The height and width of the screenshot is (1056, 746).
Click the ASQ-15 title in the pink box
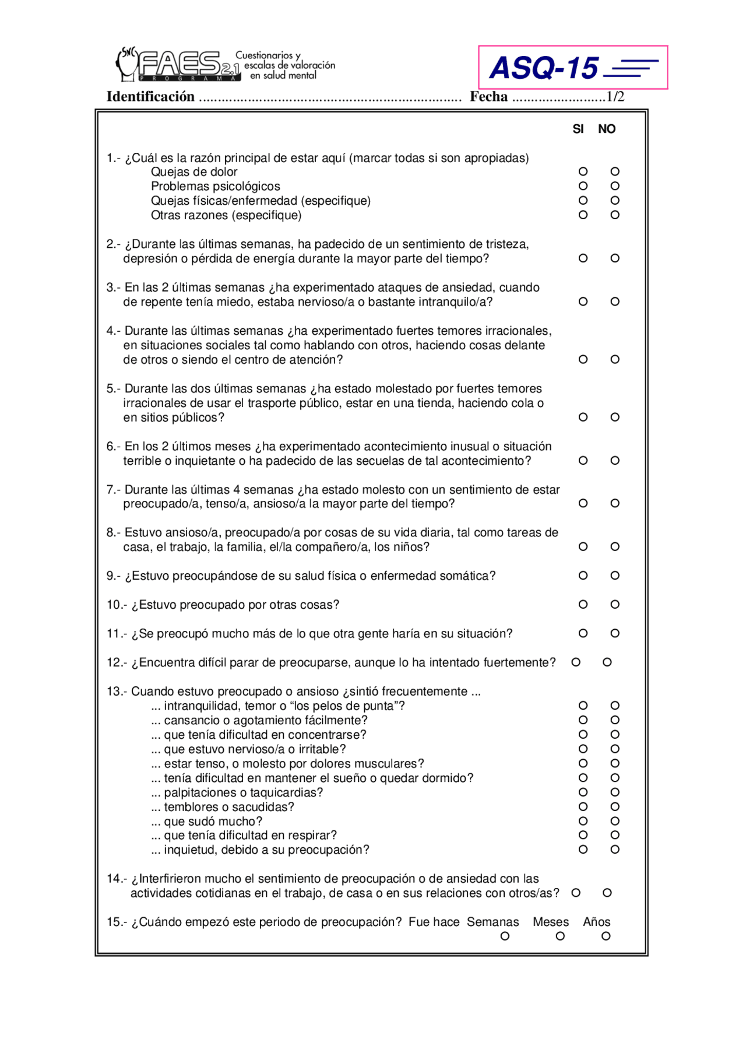pos(544,68)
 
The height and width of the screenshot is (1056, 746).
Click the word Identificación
pos(150,97)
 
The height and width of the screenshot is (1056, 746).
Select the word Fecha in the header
pos(488,97)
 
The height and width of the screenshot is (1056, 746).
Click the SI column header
pos(578,129)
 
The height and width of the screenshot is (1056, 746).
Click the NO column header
pos(607,129)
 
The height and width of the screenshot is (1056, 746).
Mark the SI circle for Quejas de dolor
pos(583,171)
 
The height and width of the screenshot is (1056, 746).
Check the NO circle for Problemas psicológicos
pos(615,186)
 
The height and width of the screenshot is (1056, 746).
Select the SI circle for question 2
pos(583,258)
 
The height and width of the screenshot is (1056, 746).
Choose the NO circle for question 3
pos(615,301)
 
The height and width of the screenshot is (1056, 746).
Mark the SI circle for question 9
pos(583,576)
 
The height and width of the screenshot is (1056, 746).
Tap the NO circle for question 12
pos(607,662)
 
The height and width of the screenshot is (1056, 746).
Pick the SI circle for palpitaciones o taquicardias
pos(583,792)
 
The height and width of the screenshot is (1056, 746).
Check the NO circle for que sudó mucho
pos(615,821)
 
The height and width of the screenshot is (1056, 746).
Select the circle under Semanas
pos(505,936)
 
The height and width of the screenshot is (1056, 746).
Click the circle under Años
pos(606,936)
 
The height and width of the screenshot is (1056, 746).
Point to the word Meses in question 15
pos(550,922)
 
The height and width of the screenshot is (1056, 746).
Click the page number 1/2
pos(615,97)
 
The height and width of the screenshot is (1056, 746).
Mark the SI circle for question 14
pos(576,893)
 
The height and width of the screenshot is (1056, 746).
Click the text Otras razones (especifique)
pos(226,215)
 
